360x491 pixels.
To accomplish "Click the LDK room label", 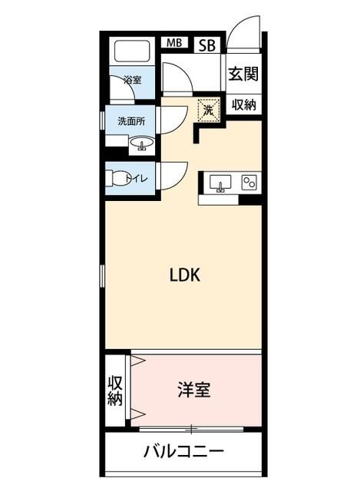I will pos(185,276).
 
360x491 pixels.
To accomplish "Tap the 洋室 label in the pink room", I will pos(195,390).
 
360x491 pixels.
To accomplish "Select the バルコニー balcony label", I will pos(183,451).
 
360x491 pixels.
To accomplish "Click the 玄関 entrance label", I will pos(242,74).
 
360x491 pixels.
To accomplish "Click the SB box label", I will pos(207,45).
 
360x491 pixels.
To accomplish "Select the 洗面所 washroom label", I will pos(131,121).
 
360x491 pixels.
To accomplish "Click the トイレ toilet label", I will pos(142,179).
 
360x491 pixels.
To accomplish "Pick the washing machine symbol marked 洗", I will pos(209,110).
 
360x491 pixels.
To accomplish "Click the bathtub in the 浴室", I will pos(134,53).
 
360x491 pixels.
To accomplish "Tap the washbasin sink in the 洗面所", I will pos(141,143).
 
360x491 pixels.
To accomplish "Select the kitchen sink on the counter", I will pos(220,183).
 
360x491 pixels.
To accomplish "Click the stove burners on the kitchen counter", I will pos(249,183).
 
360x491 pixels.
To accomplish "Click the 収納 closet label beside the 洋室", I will pos(115,390).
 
